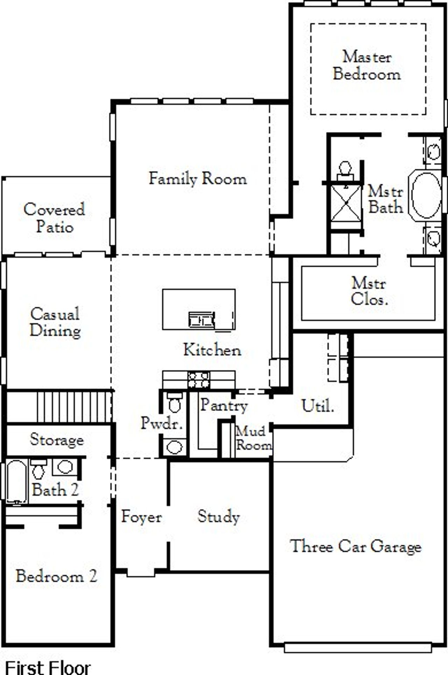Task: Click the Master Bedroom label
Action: coord(366,66)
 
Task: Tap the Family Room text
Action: coord(198,179)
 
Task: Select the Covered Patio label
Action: coord(54,218)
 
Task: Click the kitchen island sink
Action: coord(201,319)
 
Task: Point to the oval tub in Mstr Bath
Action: coord(426,195)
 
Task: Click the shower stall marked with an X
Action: coord(346,203)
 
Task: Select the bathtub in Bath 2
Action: coord(16,482)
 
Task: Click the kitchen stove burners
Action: coord(199,380)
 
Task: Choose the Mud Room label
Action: coord(253,438)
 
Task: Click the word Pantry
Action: coord(224,406)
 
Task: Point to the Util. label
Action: coord(318,406)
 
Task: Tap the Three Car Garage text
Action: coord(356,546)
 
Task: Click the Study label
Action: coord(219,517)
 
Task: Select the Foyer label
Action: coord(141,517)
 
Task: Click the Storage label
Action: coord(57,440)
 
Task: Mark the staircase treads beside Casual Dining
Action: coord(73,407)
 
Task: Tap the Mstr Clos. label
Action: coord(369,291)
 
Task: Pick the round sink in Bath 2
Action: coord(65,467)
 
